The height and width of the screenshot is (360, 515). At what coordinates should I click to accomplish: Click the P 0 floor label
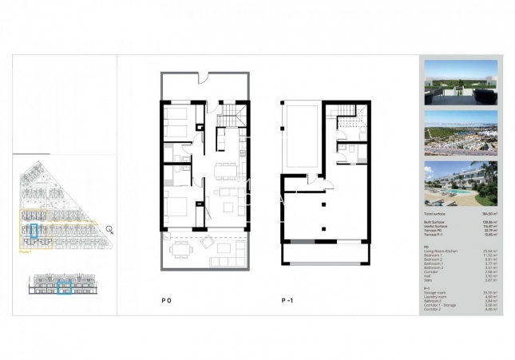[167, 301]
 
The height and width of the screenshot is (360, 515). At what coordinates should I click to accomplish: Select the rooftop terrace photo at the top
[462, 82]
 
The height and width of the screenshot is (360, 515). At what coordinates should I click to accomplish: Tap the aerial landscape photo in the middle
[462, 133]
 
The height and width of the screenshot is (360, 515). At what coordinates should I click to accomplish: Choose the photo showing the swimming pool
[462, 182]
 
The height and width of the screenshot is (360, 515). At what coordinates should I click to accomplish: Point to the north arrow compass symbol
[109, 229]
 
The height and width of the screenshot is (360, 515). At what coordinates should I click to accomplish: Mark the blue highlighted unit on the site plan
[34, 231]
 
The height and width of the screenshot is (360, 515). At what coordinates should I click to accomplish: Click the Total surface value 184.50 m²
[487, 215]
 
